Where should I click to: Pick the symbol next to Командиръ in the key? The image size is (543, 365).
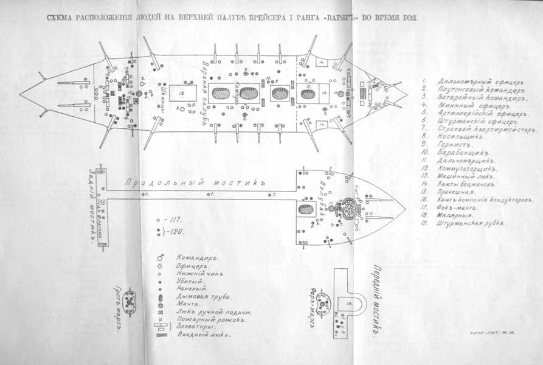161,257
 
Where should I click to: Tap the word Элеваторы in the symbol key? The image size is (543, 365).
195,326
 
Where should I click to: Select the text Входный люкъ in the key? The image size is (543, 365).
201,334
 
